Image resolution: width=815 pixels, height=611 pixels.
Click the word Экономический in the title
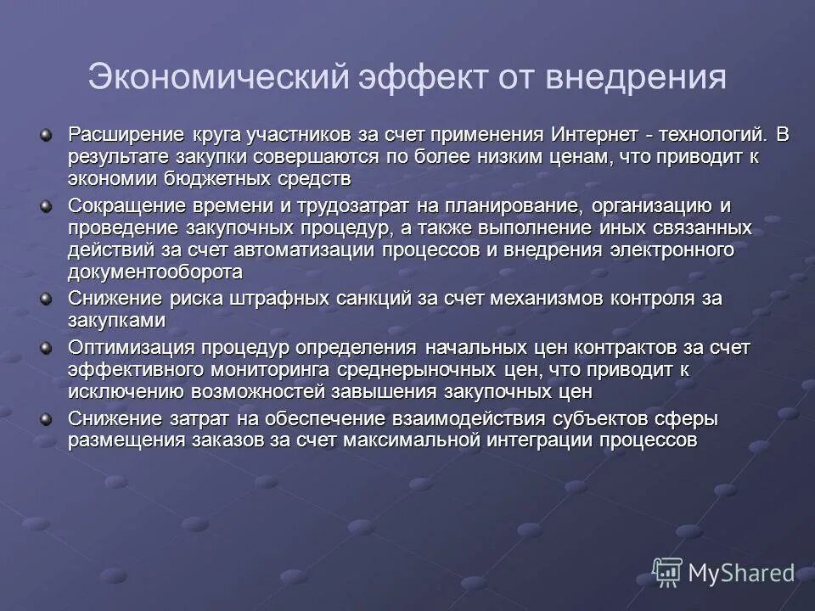tap(219, 77)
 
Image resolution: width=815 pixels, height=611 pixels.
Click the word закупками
tap(116, 320)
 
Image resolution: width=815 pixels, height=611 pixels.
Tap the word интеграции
tap(540, 440)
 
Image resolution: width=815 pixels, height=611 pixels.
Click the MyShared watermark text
tap(740, 574)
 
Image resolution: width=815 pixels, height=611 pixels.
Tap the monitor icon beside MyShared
tap(667, 573)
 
